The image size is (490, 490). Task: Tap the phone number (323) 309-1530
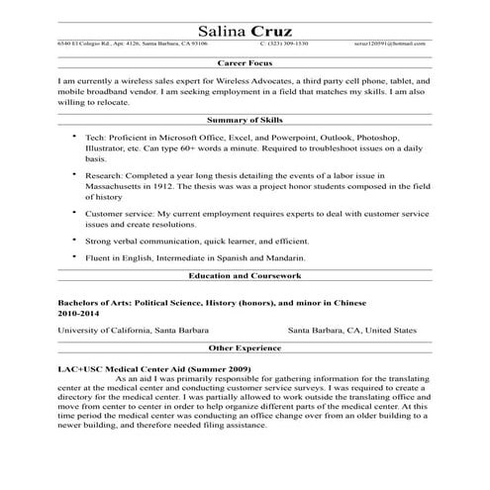[x=288, y=44]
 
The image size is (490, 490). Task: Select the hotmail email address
[x=392, y=44]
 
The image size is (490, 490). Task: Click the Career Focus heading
[x=245, y=61]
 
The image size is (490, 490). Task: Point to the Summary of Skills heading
[x=245, y=118]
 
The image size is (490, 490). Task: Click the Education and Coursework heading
[x=245, y=276]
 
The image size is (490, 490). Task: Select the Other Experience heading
[x=245, y=348]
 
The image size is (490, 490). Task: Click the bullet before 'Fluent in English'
[x=73, y=256]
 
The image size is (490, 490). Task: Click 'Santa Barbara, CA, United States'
[x=352, y=330]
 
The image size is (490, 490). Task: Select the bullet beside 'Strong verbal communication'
[x=73, y=239]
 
